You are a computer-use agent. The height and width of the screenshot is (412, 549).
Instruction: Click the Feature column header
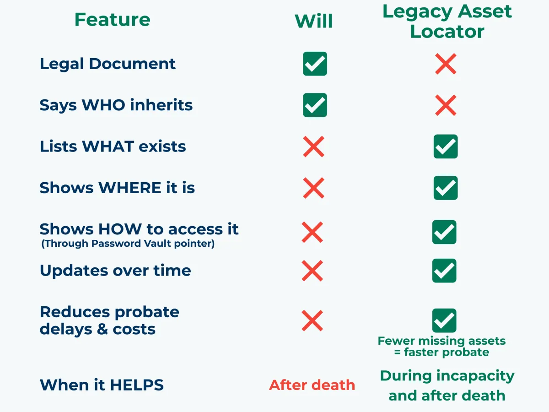[x=112, y=20]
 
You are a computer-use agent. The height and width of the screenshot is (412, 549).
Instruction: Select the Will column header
[x=313, y=21]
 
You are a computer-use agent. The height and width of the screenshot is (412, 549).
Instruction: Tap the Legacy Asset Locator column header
[x=447, y=21]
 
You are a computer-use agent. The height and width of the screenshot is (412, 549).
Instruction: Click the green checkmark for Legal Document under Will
[x=315, y=64]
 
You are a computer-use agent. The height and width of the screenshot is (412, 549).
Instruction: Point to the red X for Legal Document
[x=446, y=64]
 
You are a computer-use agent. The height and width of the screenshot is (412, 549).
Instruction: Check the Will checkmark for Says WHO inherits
[x=315, y=105]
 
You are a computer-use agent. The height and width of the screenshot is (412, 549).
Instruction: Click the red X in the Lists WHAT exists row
[x=313, y=146]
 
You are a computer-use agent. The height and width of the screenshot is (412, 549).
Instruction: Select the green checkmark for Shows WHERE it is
[x=446, y=188]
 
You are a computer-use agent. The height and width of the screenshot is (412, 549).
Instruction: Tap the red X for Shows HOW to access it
[x=312, y=232]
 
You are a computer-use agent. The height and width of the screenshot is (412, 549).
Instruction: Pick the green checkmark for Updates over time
[x=444, y=271]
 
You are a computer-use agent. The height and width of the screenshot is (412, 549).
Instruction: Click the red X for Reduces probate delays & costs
[x=312, y=320]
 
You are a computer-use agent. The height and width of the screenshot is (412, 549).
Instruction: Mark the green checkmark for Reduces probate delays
[x=444, y=320]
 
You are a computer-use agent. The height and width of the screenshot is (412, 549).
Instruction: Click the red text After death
[x=312, y=385]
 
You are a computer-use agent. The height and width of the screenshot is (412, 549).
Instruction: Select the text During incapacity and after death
[x=447, y=385]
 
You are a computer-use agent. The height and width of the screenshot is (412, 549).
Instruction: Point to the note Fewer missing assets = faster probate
[x=441, y=347]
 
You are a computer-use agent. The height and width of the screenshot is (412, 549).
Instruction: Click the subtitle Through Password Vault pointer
[x=128, y=244]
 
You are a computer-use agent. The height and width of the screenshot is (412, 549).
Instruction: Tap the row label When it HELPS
[x=102, y=385]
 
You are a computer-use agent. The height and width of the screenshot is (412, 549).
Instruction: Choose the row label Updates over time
[x=115, y=271]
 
